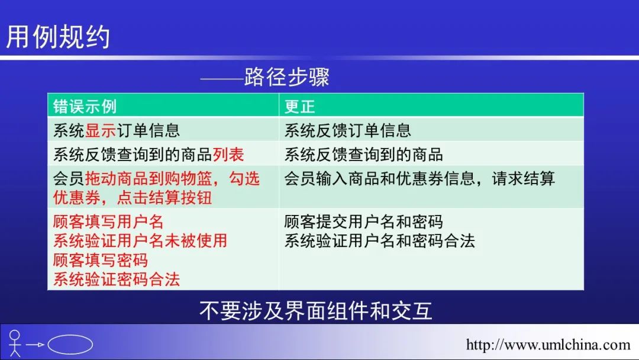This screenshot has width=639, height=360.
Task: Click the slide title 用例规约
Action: [x=58, y=37]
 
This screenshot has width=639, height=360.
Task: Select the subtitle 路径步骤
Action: [x=287, y=76]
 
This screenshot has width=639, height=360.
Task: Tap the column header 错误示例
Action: [x=85, y=107]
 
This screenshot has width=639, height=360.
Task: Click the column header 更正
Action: [x=299, y=107]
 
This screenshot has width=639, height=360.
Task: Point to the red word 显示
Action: [x=101, y=130]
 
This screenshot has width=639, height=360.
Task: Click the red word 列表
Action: [x=228, y=155]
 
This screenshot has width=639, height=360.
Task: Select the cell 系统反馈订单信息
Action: [x=348, y=130]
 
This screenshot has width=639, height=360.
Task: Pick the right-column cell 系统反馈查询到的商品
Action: [x=363, y=155]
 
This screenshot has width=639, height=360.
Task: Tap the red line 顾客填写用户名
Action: [x=108, y=222]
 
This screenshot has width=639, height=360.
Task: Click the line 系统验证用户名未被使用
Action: [x=140, y=240]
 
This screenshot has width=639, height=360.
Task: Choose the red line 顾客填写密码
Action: [x=100, y=260]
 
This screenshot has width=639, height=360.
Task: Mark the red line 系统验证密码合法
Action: [x=117, y=279]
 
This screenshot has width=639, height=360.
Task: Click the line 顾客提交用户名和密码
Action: [x=363, y=222]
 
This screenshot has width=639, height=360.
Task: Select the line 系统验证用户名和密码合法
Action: [x=379, y=240]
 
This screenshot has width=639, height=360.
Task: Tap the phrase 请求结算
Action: [x=523, y=179]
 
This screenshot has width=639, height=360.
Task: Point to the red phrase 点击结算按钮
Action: [x=164, y=198]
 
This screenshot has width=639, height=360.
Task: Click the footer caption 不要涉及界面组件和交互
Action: [x=316, y=311]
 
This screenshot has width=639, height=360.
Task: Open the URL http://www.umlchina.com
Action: [x=548, y=345]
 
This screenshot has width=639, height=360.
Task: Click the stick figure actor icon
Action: [x=15, y=343]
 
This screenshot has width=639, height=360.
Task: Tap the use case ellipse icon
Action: [x=70, y=345]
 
